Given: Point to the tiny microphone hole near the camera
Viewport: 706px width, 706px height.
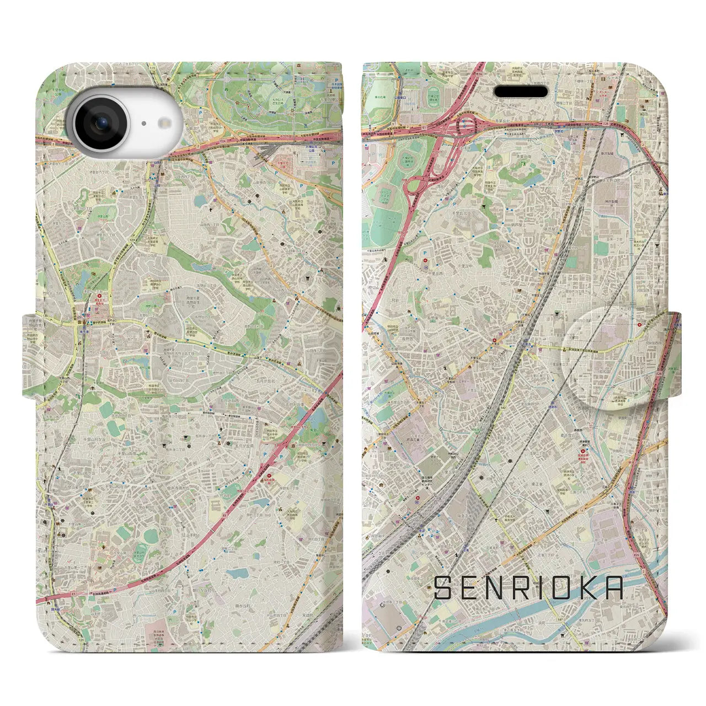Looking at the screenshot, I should [x=142, y=124].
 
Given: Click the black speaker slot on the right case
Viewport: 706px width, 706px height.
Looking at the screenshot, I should [x=521, y=91].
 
